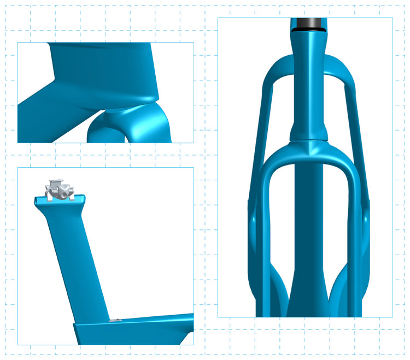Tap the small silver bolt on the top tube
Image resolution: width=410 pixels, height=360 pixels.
pyautogui.click(x=115, y=321)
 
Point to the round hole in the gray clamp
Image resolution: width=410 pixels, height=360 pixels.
pyautogui.click(x=67, y=191)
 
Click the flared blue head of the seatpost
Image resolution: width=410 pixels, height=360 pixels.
pyautogui.click(x=60, y=204)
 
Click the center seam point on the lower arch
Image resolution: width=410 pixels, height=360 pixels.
pyautogui.click(x=309, y=143)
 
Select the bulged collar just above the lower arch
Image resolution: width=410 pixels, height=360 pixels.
pyautogui.click(x=309, y=131)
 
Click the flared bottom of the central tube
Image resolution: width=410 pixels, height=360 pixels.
pyautogui.click(x=309, y=300)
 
